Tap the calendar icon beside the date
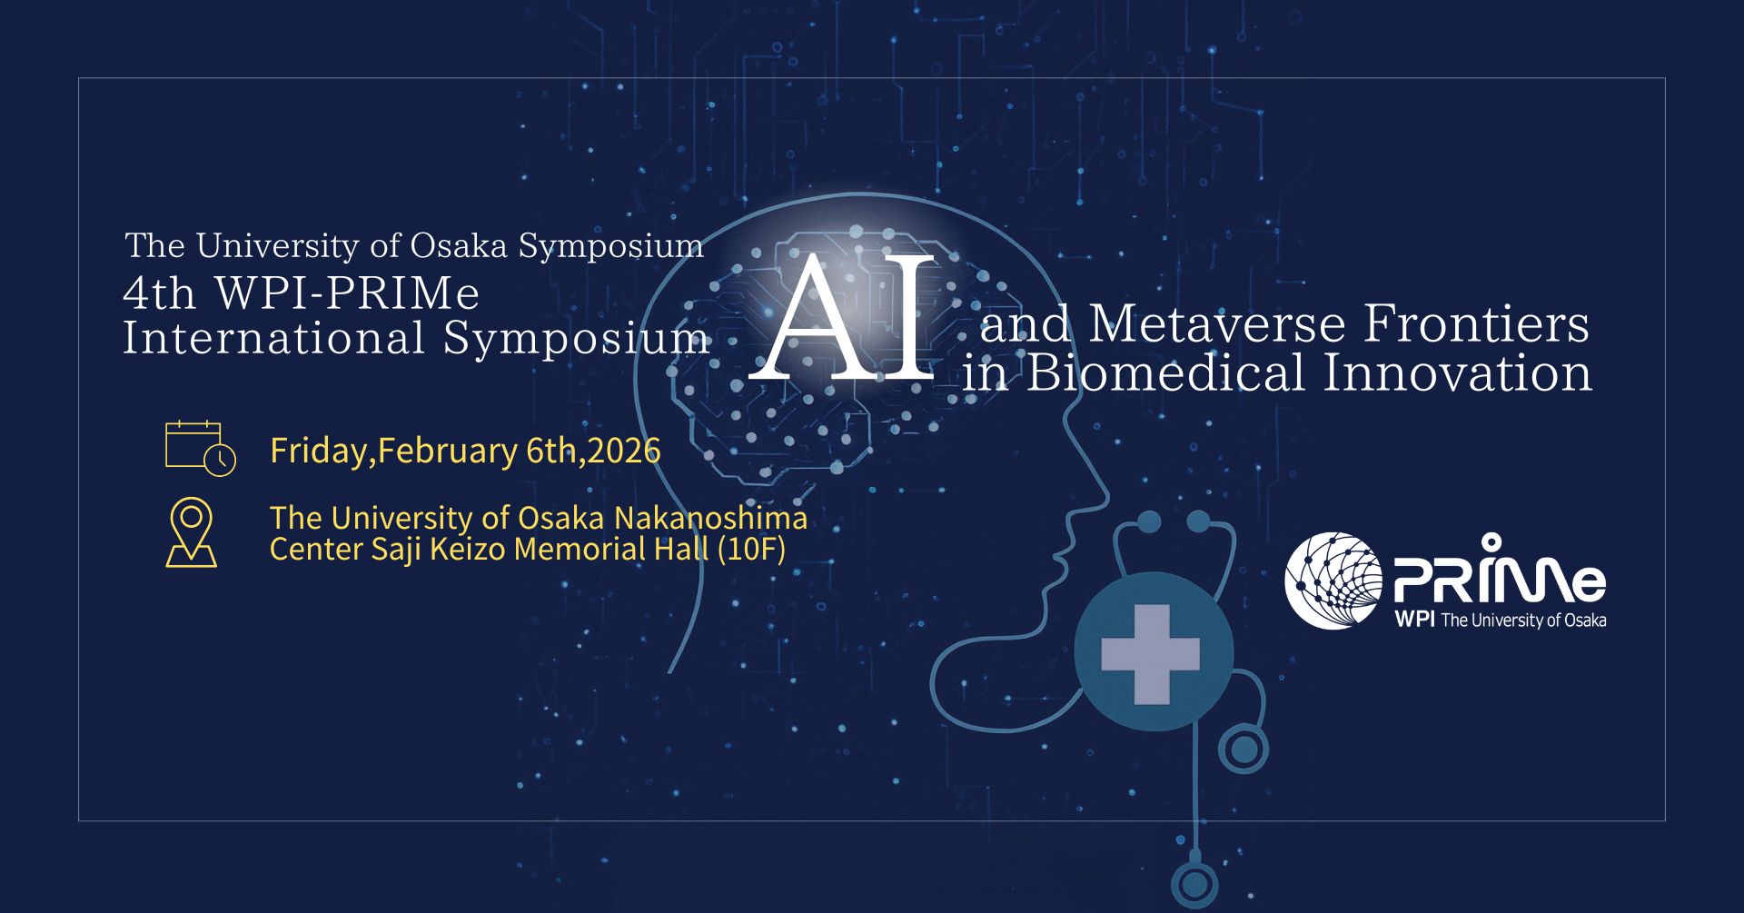pos(200,448)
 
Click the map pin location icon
pos(191,532)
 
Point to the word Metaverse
pos(1217,324)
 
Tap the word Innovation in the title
pos(1457,373)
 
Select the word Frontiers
pos(1477,324)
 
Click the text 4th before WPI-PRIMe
pos(160,293)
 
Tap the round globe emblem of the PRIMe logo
pos(1333,581)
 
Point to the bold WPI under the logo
pos(1414,620)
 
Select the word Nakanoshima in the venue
pos(710,518)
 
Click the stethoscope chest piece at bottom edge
pos(1194,884)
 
